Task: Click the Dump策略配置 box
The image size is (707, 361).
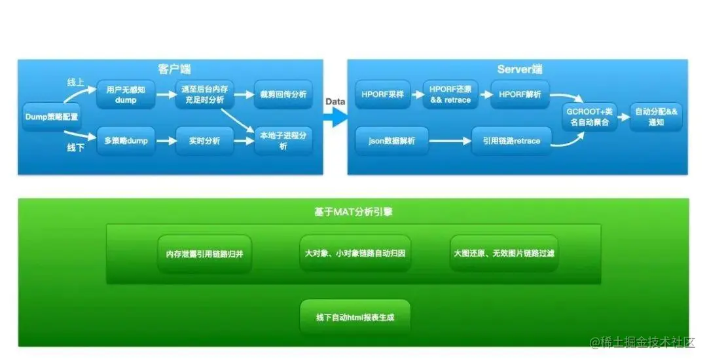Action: [51, 116]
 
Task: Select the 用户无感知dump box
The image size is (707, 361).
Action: [126, 94]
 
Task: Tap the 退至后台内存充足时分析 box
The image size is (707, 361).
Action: [204, 94]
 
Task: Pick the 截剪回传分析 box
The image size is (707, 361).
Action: [283, 94]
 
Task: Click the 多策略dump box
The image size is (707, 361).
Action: [126, 140]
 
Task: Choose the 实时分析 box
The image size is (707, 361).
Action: [204, 140]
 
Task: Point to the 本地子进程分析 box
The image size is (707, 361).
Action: [283, 141]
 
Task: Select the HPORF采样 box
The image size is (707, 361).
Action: [383, 94]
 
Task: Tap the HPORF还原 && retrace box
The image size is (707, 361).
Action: [451, 94]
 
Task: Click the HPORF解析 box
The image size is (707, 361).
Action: [520, 94]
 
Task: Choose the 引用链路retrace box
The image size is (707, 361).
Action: [511, 141]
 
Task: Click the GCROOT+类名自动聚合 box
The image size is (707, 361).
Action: [591, 117]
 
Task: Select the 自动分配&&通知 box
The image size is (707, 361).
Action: [656, 117]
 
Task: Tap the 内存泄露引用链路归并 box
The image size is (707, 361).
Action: [204, 253]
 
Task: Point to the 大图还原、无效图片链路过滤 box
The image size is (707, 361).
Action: [503, 253]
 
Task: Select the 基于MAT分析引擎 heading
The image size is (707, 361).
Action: [353, 212]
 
